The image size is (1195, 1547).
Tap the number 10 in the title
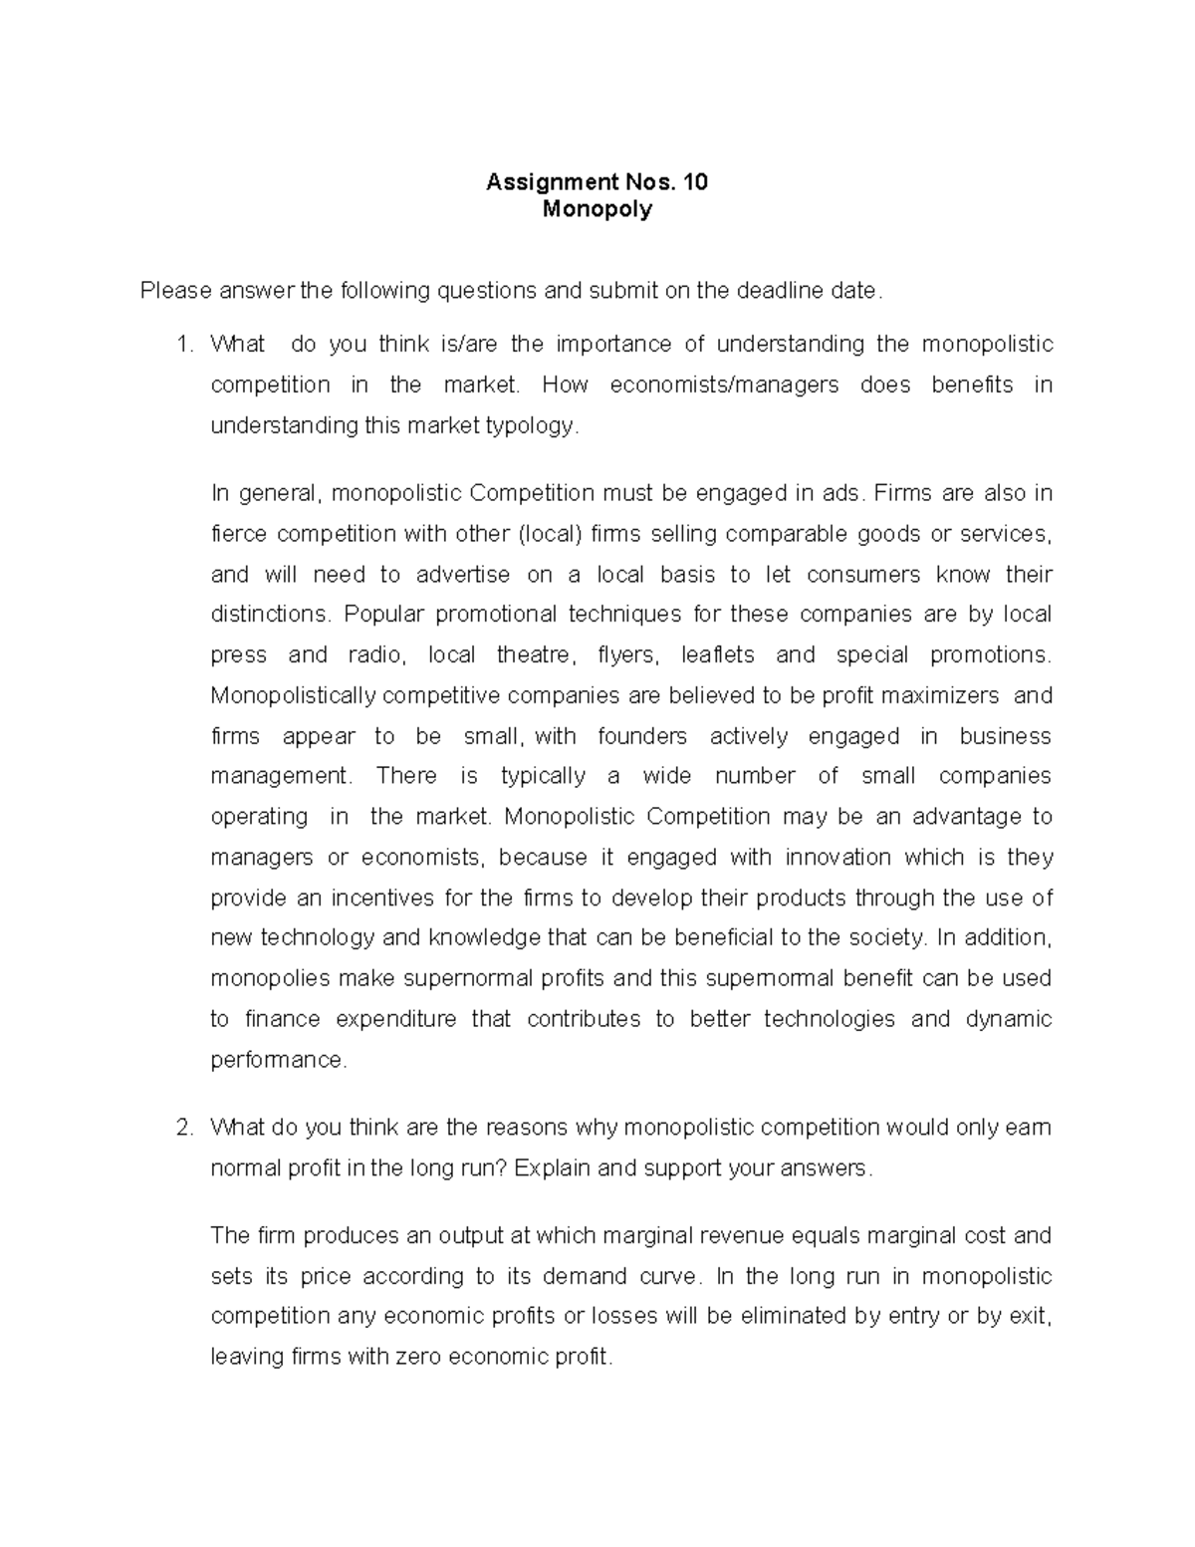(696, 182)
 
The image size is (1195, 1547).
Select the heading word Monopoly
(597, 209)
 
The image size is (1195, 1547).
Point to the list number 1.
(182, 345)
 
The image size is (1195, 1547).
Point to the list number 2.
(182, 1128)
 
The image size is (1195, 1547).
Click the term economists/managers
(724, 386)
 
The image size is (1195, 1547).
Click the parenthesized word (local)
(550, 535)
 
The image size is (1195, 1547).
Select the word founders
(642, 737)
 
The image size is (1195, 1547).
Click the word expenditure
(395, 1020)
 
